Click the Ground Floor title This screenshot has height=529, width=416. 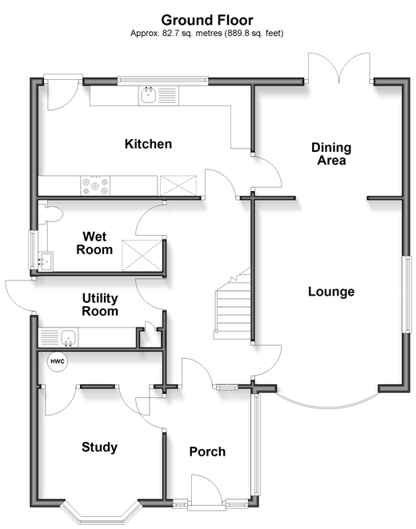[x=207, y=20]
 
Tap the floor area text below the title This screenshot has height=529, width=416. [x=207, y=33]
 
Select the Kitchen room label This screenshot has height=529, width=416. [x=148, y=144]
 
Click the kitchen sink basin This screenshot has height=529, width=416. [x=148, y=95]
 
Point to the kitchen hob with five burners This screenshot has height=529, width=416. [x=95, y=185]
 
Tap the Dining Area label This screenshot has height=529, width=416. [x=331, y=154]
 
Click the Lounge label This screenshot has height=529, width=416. [x=331, y=292]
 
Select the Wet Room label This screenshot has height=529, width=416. [x=94, y=243]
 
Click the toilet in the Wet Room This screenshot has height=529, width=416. [x=50, y=214]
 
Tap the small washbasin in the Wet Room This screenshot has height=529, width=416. [x=45, y=261]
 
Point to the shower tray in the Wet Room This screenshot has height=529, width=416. [x=142, y=256]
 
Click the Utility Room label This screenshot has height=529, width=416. [x=100, y=304]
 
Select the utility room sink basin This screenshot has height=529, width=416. [x=69, y=337]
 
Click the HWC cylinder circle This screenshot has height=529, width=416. [x=58, y=362]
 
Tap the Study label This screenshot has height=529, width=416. [x=99, y=447]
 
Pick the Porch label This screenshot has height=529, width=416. [x=207, y=451]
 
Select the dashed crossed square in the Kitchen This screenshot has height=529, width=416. [x=178, y=185]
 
